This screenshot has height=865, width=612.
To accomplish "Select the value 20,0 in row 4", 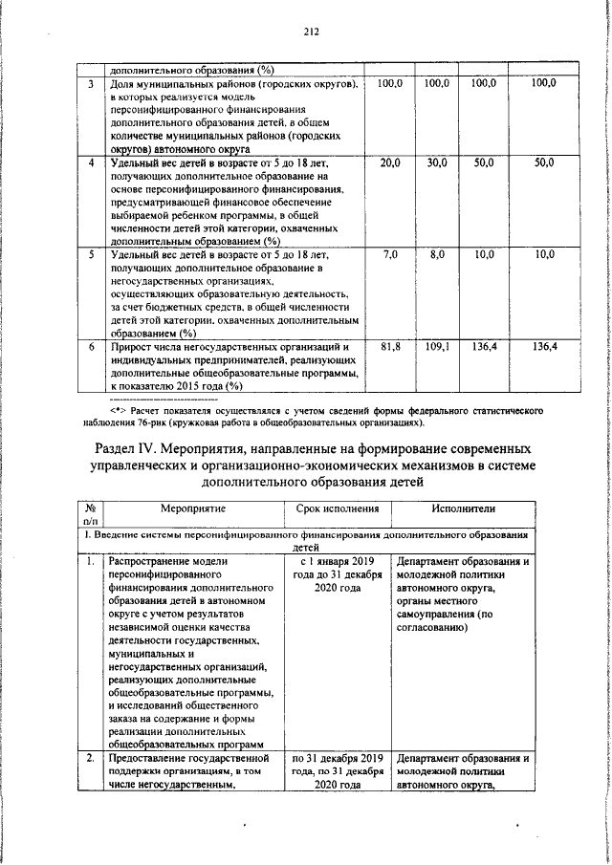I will point(390,164).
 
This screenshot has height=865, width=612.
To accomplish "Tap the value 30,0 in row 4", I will point(437,164).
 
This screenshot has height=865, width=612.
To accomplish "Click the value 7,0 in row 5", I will point(390,256).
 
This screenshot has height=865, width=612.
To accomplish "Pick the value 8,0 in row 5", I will point(438,256).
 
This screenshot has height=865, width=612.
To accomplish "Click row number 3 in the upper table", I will point(89,85).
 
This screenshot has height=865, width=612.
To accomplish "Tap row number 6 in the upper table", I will point(89,347).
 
